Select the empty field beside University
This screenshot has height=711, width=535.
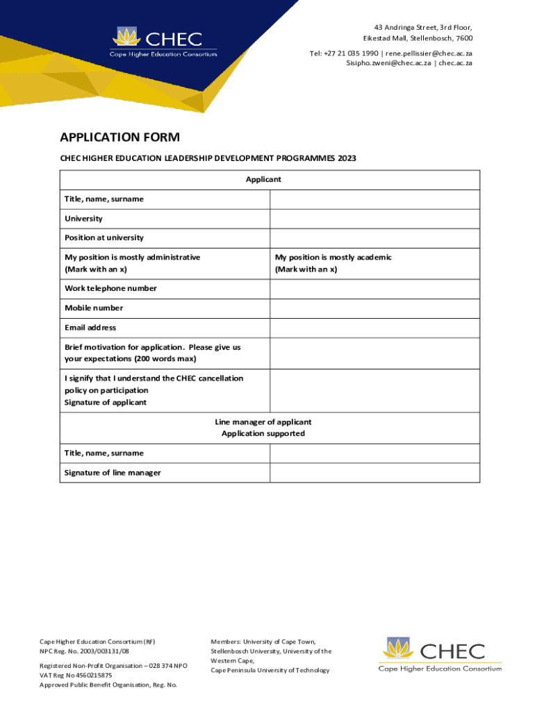click(x=374, y=219)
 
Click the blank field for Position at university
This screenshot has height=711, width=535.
click(x=374, y=238)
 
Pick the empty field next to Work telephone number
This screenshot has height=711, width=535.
click(x=374, y=289)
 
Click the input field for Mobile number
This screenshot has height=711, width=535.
click(x=374, y=308)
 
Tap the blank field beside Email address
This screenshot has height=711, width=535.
click(x=374, y=328)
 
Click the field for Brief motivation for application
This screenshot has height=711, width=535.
click(x=374, y=353)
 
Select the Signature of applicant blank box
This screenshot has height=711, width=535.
click(x=374, y=391)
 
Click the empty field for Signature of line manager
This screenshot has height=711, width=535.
click(x=374, y=473)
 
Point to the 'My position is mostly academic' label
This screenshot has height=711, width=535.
click(x=333, y=258)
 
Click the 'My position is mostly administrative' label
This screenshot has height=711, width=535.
click(x=132, y=258)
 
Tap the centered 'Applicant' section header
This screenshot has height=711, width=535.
click(x=263, y=180)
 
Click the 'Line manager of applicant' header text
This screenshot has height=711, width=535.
click(x=263, y=422)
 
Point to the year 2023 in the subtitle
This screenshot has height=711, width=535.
click(x=347, y=158)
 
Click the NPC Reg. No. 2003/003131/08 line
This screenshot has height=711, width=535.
click(x=84, y=652)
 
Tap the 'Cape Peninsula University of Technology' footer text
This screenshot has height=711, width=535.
click(x=270, y=670)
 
